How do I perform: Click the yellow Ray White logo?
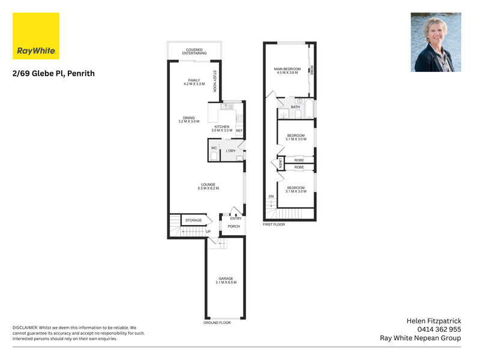[36, 36]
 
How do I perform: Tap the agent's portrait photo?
[436, 42]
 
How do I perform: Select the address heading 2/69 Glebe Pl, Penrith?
[53, 73]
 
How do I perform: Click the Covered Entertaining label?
[194, 52]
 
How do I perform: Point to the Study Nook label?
[215, 81]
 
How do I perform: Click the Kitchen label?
[222, 128]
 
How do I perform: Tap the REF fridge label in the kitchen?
[239, 131]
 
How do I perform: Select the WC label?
[214, 148]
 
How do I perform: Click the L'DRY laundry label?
[231, 151]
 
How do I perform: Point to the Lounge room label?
[208, 187]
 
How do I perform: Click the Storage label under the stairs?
[193, 220]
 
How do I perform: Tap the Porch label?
[234, 227]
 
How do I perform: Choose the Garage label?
[226, 280]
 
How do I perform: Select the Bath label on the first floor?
[295, 107]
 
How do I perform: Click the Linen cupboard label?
[280, 163]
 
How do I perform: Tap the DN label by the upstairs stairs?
[271, 197]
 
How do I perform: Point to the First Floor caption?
[274, 224]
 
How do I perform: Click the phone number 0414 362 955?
[439, 329]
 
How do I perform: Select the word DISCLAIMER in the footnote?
[25, 328]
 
